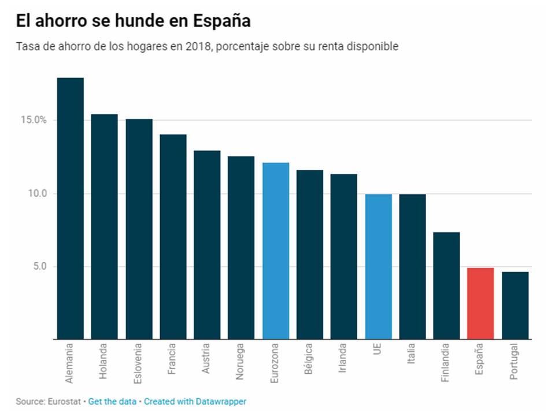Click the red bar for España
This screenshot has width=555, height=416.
tap(480, 303)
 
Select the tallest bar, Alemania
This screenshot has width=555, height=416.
tap(70, 208)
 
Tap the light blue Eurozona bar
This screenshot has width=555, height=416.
tap(276, 251)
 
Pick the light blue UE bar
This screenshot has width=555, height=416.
tap(378, 266)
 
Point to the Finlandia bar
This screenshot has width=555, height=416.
tap(446, 285)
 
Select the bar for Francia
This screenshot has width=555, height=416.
tap(173, 237)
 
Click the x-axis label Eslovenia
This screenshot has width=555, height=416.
tap(138, 363)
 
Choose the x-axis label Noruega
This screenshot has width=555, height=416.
tap(241, 362)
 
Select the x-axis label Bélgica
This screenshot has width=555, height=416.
tap(309, 361)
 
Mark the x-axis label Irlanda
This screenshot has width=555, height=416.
tap(343, 359)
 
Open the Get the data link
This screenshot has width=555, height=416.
tap(113, 401)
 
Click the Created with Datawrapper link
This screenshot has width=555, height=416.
tap(195, 401)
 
